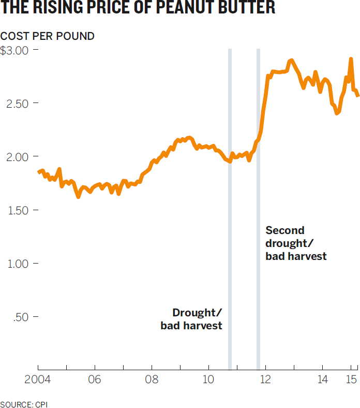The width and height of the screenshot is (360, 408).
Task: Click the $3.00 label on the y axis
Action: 14,50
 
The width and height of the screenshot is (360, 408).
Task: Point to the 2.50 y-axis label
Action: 17,104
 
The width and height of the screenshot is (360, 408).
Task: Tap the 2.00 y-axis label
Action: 17,157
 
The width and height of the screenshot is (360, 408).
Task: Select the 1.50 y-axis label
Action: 18,211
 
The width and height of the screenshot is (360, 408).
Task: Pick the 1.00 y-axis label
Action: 18,264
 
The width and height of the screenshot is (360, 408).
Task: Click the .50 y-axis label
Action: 21,317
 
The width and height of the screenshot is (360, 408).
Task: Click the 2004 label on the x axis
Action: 37,380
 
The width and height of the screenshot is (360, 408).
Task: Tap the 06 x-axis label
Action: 94,380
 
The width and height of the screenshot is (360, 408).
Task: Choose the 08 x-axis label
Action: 152,380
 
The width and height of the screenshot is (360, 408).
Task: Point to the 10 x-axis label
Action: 208,380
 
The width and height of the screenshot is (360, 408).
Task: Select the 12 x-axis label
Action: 265,380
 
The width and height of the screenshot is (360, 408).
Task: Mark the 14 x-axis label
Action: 323,380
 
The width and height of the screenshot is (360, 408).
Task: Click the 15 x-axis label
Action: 351,380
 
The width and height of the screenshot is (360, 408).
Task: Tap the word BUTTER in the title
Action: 247,7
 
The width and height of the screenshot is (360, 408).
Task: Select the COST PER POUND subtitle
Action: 47,36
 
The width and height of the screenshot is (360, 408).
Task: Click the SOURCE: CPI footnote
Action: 24,404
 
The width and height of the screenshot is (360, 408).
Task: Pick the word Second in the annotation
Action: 285,230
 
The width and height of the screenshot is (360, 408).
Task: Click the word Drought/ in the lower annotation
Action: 197,313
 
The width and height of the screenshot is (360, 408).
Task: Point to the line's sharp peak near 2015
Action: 351,59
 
